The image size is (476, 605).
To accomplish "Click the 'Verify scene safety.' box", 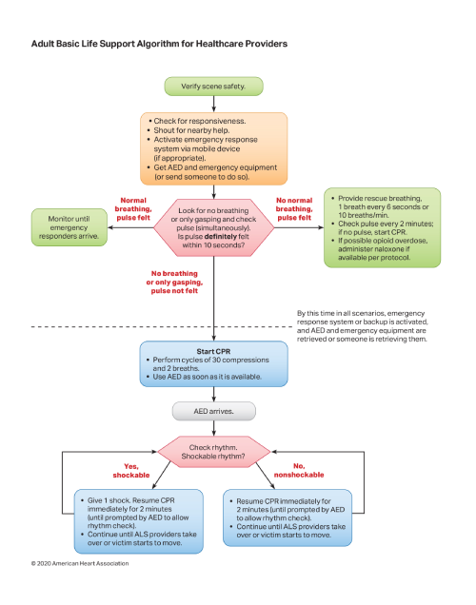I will click(212, 87).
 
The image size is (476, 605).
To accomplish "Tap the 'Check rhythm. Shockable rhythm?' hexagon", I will click(212, 451).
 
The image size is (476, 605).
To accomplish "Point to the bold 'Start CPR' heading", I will click(212, 351).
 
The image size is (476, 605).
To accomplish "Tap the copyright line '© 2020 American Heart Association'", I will click(80, 562).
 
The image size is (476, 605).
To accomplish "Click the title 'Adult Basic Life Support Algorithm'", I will click(158, 44).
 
